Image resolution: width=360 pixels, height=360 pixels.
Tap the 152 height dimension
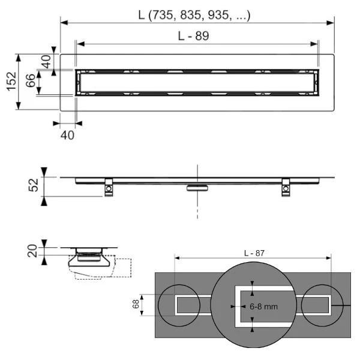pyautogui.click(x=10, y=81)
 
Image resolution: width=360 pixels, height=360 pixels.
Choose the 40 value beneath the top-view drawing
pyautogui.click(x=68, y=135)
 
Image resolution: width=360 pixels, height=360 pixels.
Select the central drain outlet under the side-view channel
pyautogui.click(x=196, y=188)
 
